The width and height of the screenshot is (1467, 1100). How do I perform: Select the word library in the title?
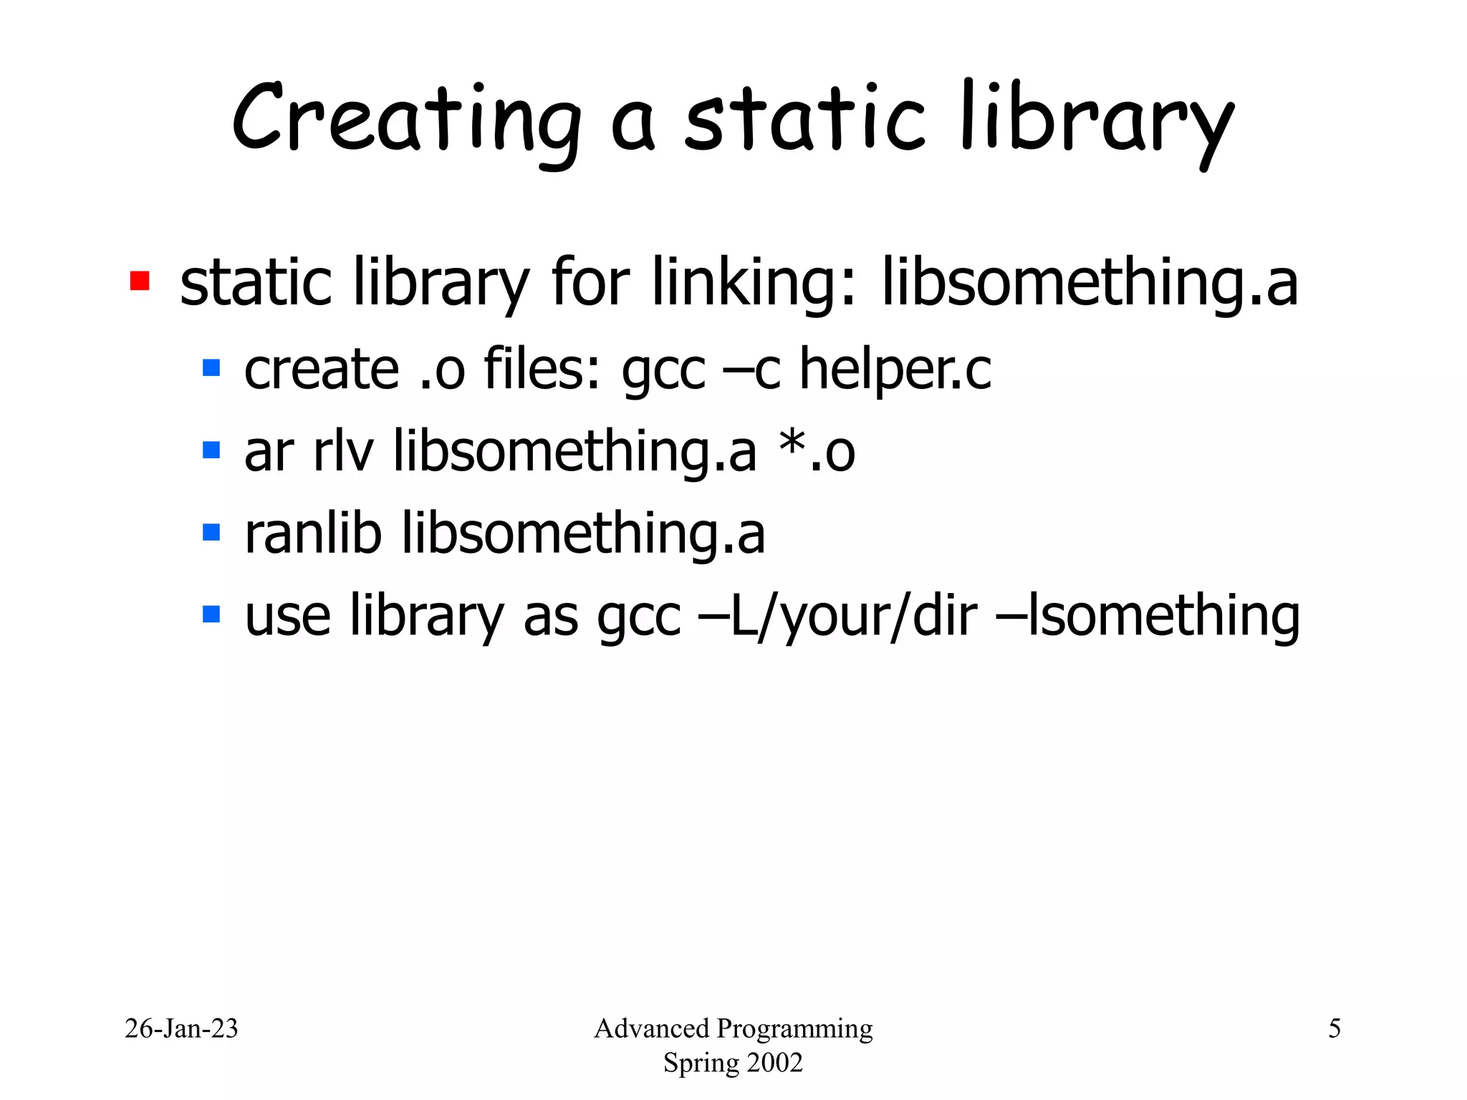click(x=1096, y=122)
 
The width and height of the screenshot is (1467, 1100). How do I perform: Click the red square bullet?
click(x=140, y=281)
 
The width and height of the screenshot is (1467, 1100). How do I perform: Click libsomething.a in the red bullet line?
click(x=1089, y=283)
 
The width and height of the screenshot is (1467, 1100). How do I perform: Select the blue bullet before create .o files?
click(x=211, y=368)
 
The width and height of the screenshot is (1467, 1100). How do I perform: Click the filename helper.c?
click(x=895, y=370)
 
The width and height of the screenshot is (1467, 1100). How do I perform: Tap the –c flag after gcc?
click(x=751, y=371)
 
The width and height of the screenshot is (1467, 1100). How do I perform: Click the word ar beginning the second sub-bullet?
click(x=269, y=453)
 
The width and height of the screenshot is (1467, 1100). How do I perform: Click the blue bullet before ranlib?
click(x=211, y=532)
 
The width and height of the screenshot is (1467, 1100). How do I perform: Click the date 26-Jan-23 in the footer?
click(x=181, y=1028)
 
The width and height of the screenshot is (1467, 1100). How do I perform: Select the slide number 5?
click(x=1334, y=1028)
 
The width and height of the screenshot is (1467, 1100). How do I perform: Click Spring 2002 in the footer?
click(x=733, y=1063)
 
